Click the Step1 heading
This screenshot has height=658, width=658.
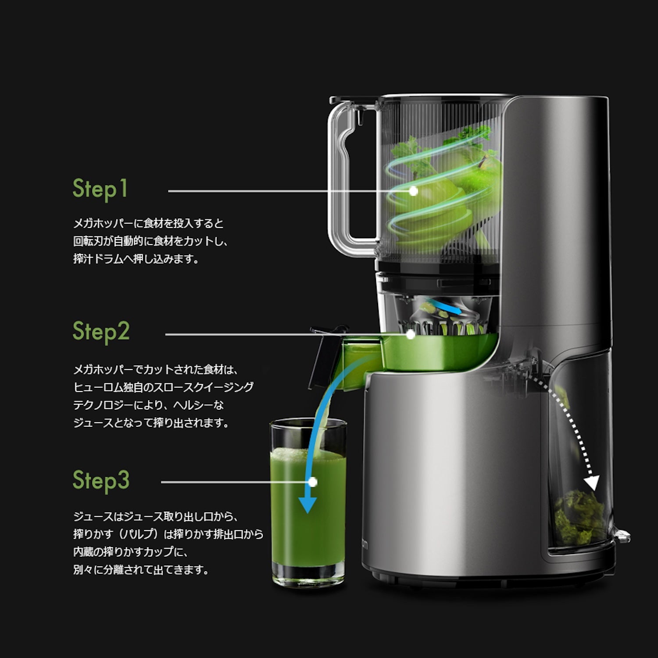pos(100,189)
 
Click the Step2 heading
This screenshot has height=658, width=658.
pos(101,332)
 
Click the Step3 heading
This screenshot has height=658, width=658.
pos(101,480)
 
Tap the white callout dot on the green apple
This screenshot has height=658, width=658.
pos(413,191)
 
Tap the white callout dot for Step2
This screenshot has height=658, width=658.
pos(411,335)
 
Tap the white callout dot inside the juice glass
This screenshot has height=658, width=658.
pos(313,482)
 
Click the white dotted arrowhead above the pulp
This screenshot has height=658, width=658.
pos(592,483)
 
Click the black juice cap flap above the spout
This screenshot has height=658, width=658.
pos(322,355)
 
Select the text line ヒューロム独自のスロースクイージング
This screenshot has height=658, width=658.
pos(163,387)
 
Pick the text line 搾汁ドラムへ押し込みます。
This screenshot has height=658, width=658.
pos(136,259)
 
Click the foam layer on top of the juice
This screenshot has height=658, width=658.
pos(308,454)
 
